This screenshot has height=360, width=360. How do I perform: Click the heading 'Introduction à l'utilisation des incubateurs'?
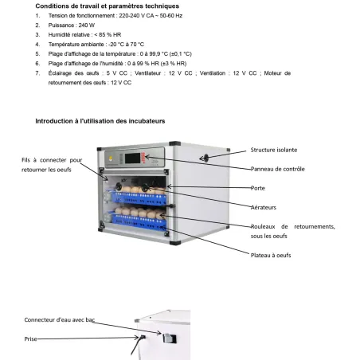click(x=100, y=120)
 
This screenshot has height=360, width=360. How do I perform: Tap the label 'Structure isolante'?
click(x=276, y=150)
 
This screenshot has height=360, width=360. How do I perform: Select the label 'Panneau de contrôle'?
click(x=277, y=169)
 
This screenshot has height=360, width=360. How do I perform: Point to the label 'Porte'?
click(x=258, y=188)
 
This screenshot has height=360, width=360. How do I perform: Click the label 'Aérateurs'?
click(x=264, y=205)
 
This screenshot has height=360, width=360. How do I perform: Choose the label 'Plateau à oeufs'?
click(x=272, y=256)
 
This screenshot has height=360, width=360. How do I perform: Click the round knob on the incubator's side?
click(x=204, y=158)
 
